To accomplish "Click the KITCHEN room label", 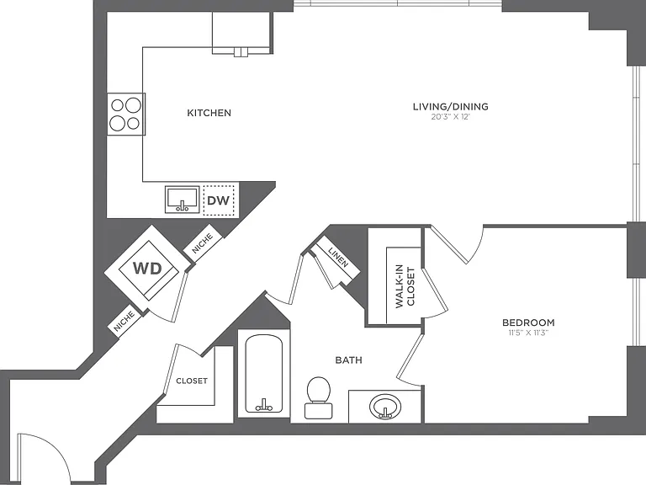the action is [x=209, y=113].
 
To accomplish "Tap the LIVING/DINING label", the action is [x=451, y=106].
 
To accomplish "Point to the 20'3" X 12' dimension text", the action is [x=451, y=117].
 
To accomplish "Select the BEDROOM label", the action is [x=528, y=322].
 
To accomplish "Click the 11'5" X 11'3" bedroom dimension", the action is [x=528, y=333].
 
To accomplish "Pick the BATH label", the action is [x=348, y=360].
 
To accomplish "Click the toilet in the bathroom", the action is [x=319, y=397].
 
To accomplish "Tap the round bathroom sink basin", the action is [x=384, y=406].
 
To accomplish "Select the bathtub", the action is [x=264, y=374].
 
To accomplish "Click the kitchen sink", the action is [x=182, y=200].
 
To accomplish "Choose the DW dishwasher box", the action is [x=219, y=200].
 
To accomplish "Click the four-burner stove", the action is [x=125, y=114].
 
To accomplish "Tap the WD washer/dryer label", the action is [x=147, y=269].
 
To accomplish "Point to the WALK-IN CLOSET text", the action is [x=405, y=286].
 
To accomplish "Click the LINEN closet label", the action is [x=339, y=258].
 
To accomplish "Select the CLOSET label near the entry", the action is [x=192, y=381].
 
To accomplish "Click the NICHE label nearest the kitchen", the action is [x=203, y=243].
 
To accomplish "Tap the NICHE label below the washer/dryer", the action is [x=124, y=321].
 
